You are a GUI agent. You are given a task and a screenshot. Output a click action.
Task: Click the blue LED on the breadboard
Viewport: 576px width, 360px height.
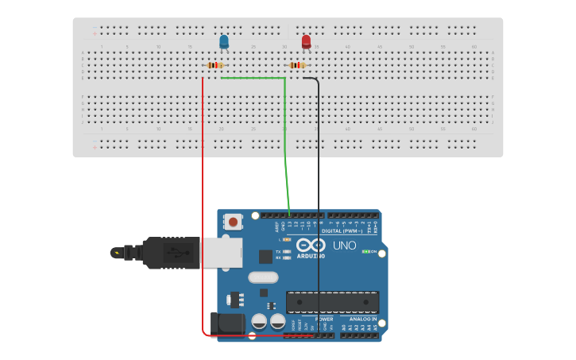tap(224, 41)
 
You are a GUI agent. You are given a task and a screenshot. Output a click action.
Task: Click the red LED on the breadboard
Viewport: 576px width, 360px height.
tap(306, 41)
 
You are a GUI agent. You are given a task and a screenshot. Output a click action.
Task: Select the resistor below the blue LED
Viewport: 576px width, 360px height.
tap(215, 65)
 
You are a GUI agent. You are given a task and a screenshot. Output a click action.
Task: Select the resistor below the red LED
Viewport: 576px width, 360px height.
tap(297, 65)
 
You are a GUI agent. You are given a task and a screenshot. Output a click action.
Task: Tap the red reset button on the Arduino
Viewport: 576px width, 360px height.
tap(234, 222)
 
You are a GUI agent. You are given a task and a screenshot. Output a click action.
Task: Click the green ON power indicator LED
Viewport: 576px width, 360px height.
tap(366, 252)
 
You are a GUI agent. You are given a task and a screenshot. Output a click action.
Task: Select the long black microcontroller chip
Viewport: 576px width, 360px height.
tap(332, 302)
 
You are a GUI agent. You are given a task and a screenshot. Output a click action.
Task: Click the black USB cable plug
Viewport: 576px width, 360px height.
tap(170, 253)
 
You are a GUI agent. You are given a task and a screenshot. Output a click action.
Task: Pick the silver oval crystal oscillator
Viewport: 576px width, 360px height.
tap(263, 277)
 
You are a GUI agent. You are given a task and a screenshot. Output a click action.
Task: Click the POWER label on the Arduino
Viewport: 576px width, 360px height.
tap(324, 319)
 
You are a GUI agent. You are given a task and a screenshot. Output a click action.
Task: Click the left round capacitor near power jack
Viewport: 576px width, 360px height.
tap(259, 322)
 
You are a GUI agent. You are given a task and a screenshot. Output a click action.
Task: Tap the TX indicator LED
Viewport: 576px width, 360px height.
tap(287, 251)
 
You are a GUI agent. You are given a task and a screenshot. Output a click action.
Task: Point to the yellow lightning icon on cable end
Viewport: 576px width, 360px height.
tap(118, 254)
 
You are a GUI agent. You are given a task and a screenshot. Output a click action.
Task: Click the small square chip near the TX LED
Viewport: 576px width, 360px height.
tap(265, 257)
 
